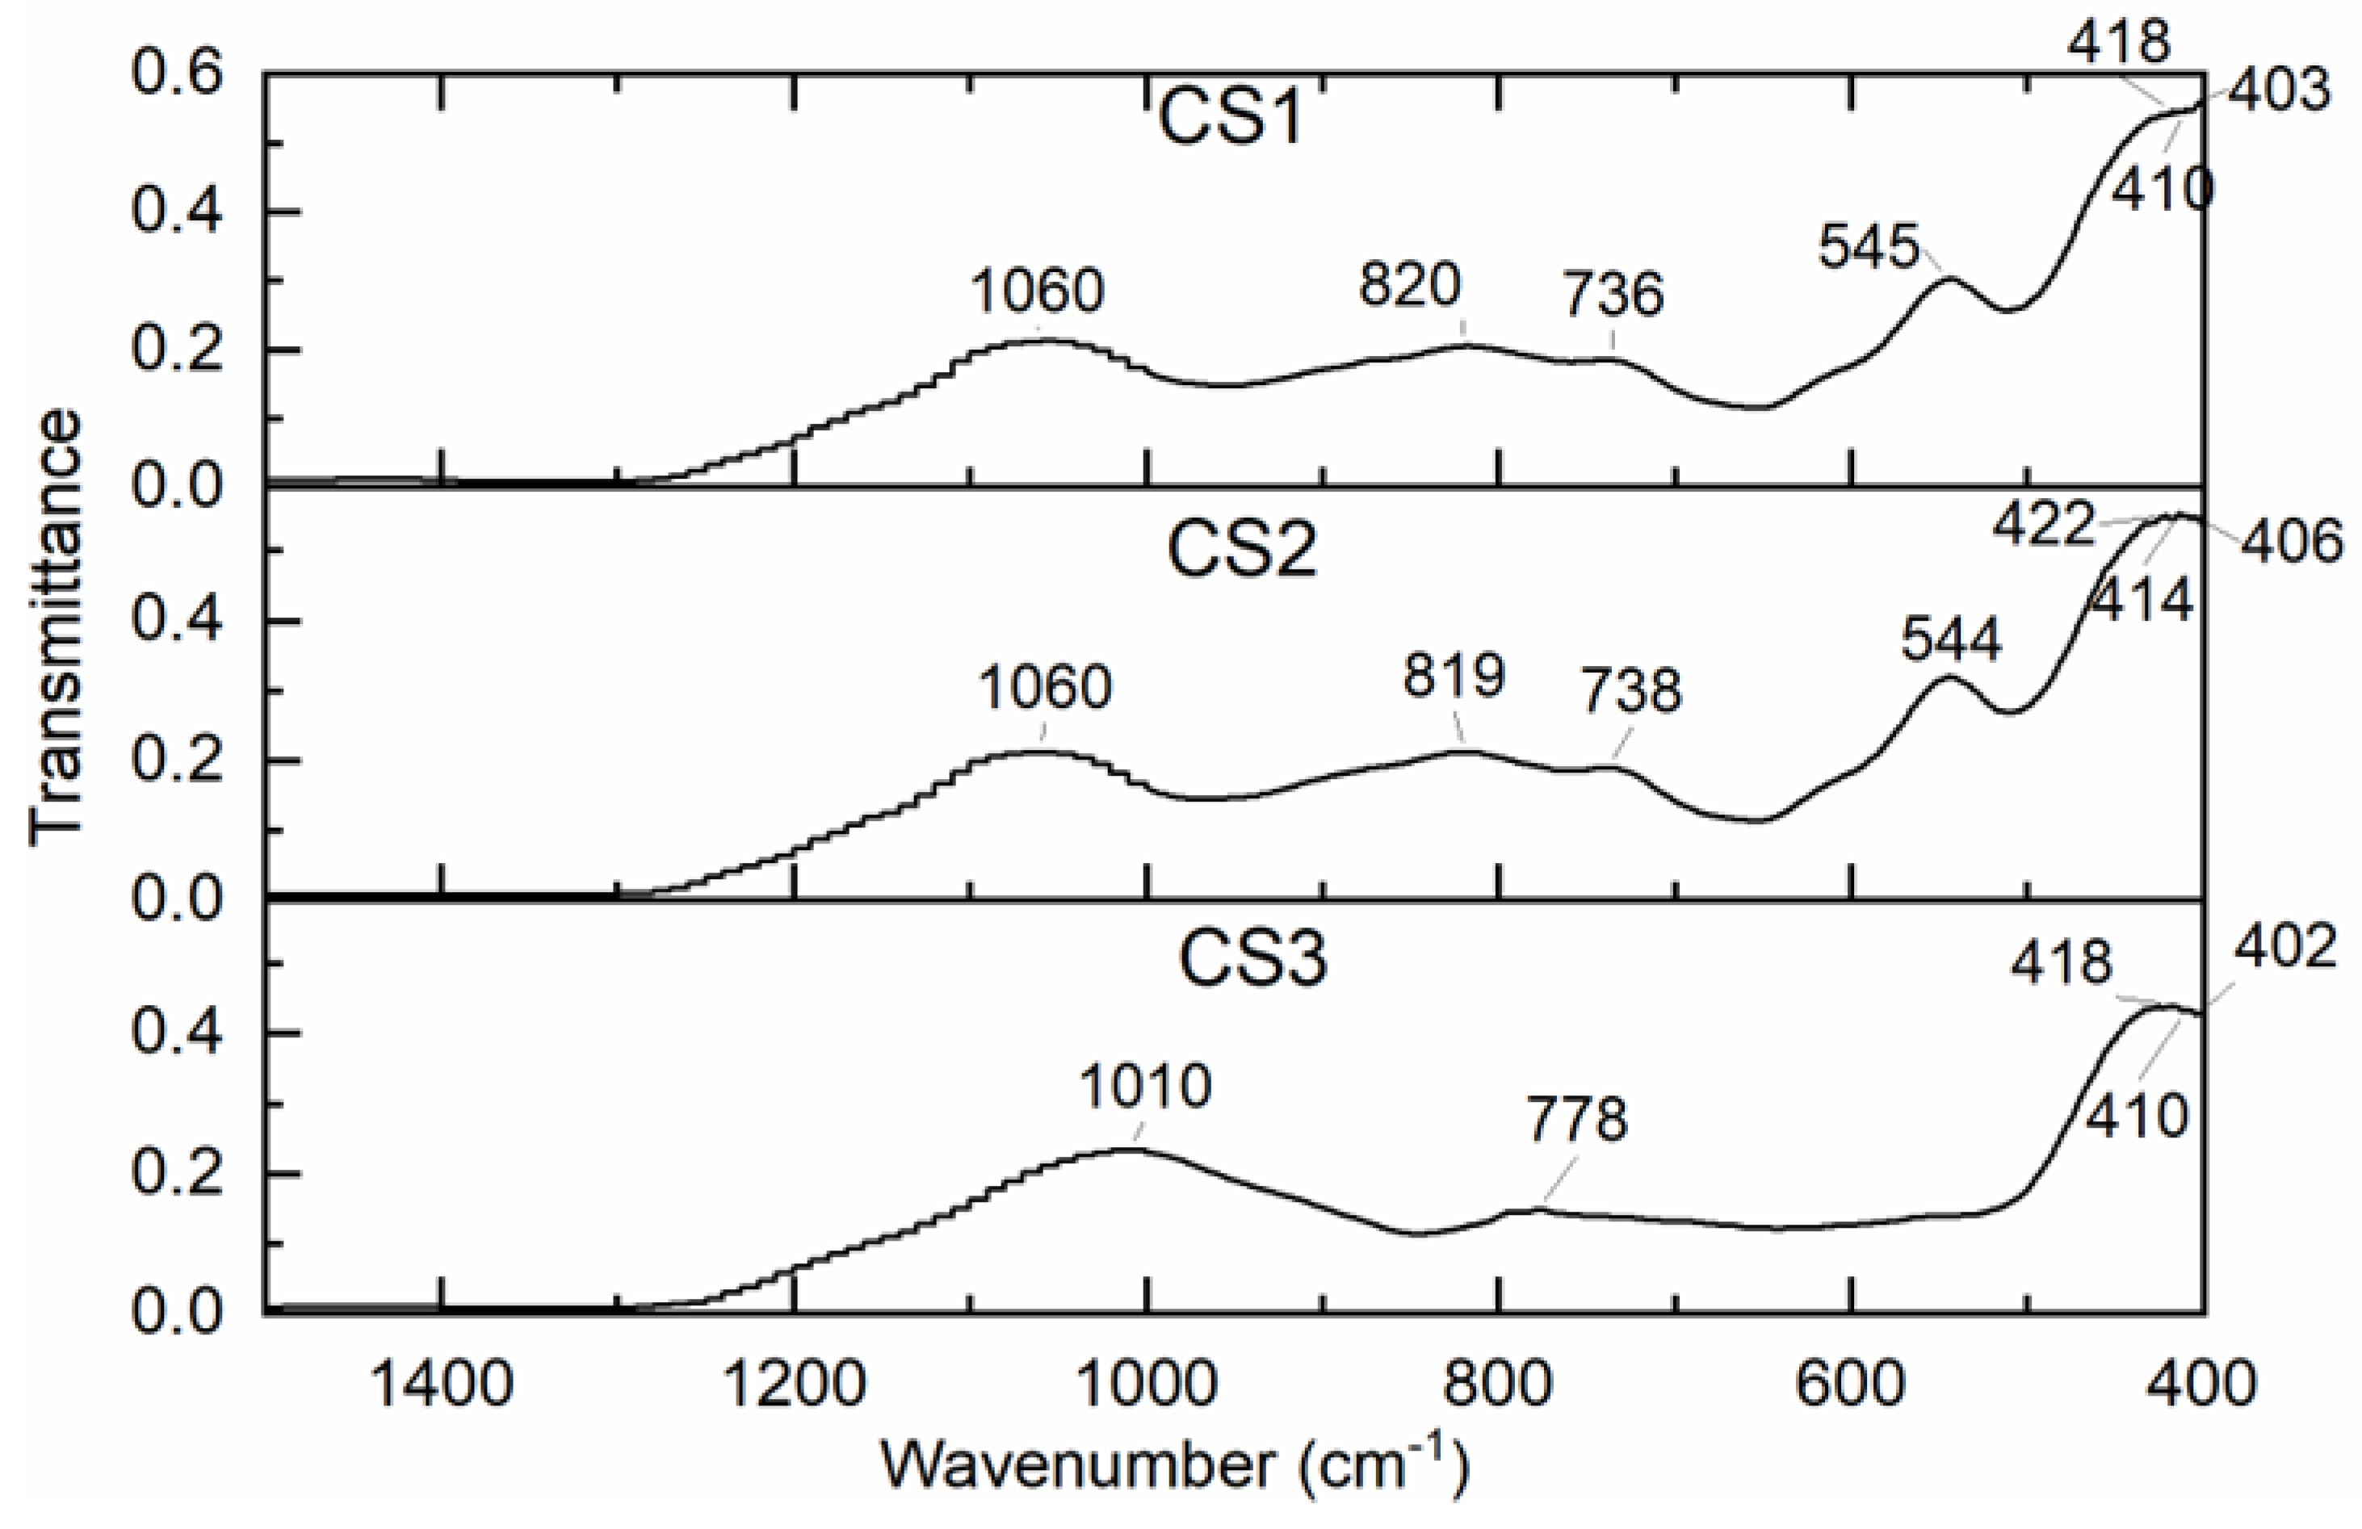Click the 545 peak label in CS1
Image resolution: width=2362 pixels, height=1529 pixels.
click(x=1869, y=247)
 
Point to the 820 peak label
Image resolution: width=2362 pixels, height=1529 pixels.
click(x=1409, y=287)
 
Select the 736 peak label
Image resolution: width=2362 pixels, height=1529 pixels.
click(x=1613, y=295)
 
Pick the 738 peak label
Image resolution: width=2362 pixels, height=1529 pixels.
click(x=1631, y=692)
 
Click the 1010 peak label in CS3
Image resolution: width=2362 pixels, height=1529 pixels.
click(x=1145, y=1087)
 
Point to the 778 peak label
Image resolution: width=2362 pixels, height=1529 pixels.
click(x=1577, y=1121)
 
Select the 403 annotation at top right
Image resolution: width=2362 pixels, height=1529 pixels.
click(x=2278, y=91)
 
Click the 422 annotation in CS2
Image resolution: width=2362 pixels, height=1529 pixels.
click(x=2043, y=524)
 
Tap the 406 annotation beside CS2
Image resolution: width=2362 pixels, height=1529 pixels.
click(x=2292, y=542)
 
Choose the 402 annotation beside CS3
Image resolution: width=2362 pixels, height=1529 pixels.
click(x=2285, y=947)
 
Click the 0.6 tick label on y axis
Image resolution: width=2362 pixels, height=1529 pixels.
click(x=177, y=74)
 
